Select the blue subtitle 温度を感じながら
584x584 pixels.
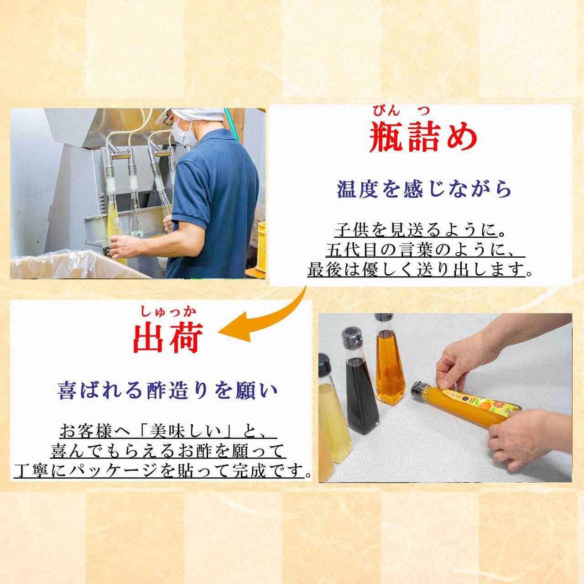[424, 189]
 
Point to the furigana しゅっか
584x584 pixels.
[168, 313]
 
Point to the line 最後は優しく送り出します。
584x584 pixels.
[420, 270]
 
